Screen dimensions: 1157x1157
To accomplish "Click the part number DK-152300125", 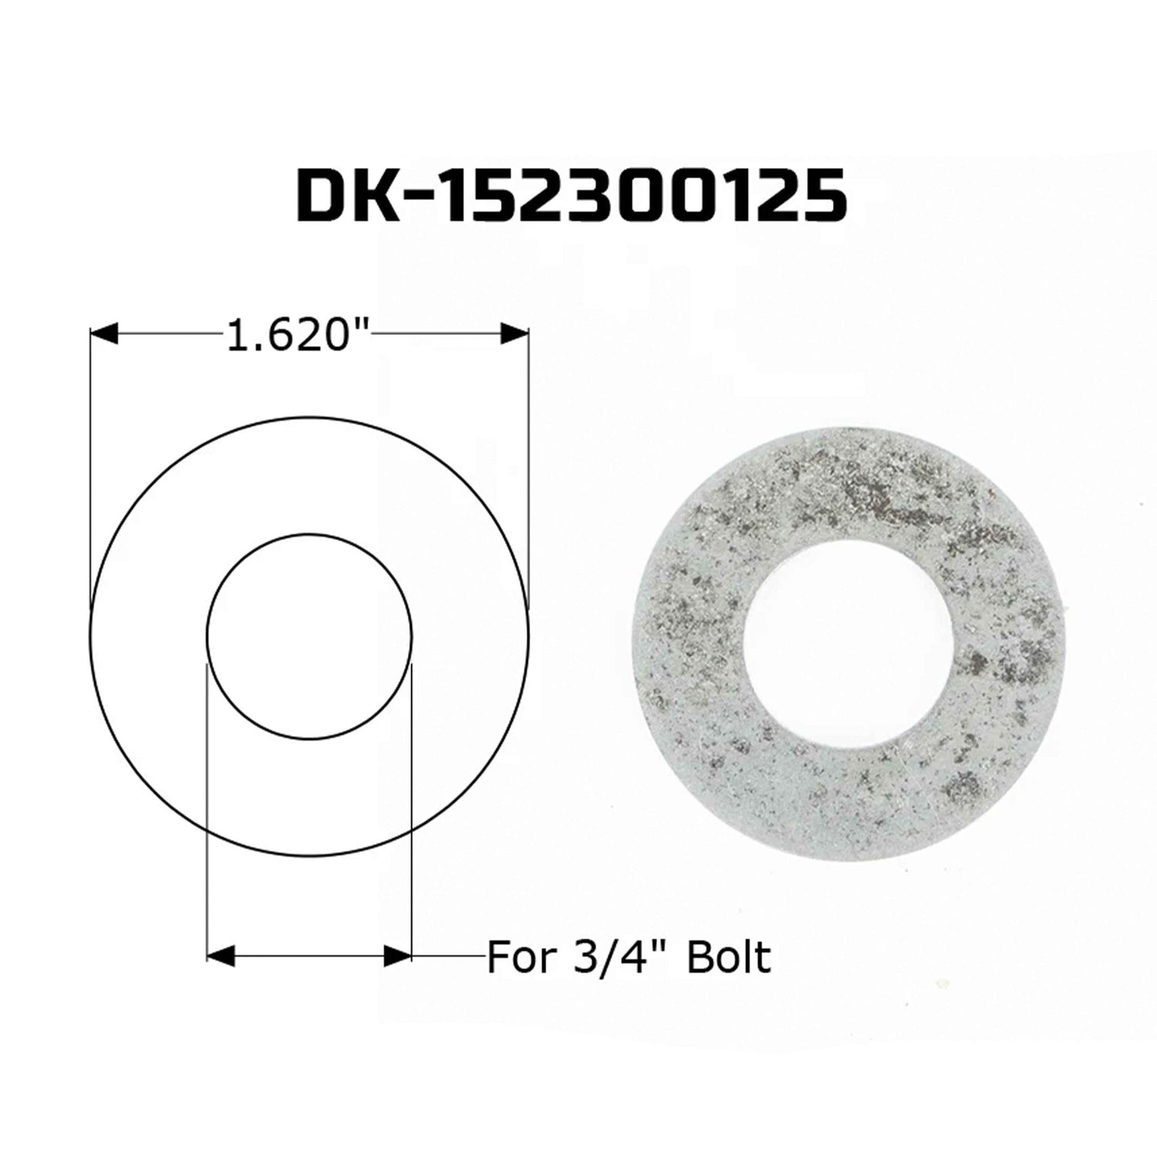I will coord(572,196).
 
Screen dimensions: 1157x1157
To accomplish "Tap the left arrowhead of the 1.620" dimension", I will coord(104,333).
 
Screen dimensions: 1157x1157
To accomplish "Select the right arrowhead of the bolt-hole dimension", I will coord(398,957).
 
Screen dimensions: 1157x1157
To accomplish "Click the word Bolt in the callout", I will coord(730,957).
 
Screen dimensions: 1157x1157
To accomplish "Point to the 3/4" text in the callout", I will coord(621,957).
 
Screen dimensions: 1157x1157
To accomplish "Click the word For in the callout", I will coord(521,957).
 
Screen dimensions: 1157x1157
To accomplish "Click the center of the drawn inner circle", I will coord(309,636).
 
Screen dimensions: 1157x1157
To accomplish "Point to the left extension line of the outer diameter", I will coord(91,463).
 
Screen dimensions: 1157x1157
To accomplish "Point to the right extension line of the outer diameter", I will coord(528,463).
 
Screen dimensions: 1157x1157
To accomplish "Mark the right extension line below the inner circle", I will coord(412,810).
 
